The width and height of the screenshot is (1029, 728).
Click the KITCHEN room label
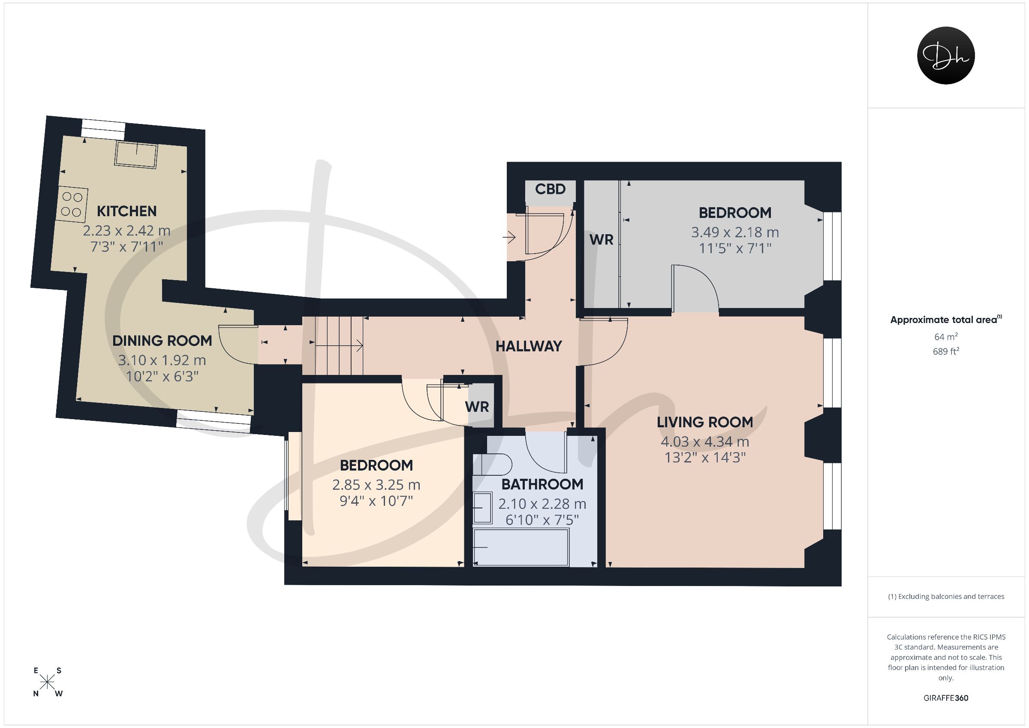tap(127, 211)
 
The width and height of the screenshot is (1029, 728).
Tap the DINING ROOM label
tap(162, 341)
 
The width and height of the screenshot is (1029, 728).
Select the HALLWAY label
tap(528, 346)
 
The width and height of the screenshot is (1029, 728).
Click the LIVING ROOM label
tap(705, 422)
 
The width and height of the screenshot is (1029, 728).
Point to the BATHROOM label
tap(542, 484)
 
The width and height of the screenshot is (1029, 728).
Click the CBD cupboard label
tap(551, 189)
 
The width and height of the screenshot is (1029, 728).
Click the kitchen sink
tap(137, 155)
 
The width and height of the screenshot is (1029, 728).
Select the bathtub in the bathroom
tap(521, 547)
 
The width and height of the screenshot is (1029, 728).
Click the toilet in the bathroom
tap(492, 465)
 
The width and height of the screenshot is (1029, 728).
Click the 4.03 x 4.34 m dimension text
tap(705, 442)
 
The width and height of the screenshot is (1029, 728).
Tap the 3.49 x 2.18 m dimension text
tap(735, 233)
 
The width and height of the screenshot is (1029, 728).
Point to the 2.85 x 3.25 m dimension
tap(376, 485)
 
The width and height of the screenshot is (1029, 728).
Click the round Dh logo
tap(946, 55)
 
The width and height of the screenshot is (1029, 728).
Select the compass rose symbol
tap(48, 682)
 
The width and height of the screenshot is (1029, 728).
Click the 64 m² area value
tap(946, 336)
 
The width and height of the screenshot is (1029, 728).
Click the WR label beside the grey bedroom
tap(601, 240)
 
